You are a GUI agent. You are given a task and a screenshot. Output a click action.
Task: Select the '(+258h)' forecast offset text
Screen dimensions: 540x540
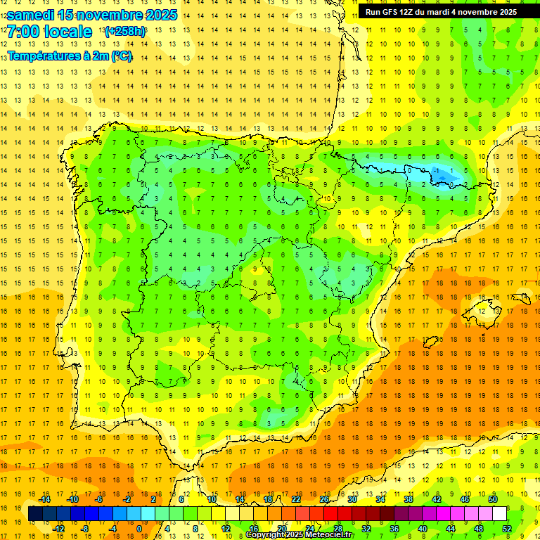(124, 32)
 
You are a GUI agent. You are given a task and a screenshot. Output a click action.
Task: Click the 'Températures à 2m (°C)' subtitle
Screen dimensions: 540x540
(70, 56)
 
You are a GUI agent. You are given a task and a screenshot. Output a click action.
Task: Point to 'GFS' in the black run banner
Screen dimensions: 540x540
(392, 12)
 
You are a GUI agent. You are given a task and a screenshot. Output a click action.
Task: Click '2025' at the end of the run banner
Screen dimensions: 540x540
(506, 12)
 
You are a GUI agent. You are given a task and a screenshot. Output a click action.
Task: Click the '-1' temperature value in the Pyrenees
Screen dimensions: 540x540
(437, 170)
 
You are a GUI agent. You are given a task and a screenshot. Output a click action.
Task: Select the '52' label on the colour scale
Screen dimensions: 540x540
(507, 529)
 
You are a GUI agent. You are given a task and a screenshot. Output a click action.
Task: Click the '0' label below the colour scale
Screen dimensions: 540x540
(139, 529)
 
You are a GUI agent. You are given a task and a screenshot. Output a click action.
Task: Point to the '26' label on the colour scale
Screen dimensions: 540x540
(324, 499)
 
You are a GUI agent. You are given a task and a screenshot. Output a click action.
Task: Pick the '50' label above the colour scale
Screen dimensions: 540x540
(493, 499)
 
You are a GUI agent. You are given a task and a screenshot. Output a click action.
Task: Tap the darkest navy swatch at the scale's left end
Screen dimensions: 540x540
(35, 514)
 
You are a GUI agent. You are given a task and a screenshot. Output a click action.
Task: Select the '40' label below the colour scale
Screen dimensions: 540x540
(423, 529)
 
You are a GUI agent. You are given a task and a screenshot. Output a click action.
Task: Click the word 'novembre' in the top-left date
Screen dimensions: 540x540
(115, 15)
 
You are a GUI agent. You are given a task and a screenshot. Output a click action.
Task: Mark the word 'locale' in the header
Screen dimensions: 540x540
(67, 32)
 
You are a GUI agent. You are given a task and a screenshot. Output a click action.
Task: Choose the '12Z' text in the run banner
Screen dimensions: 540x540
(411, 12)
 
